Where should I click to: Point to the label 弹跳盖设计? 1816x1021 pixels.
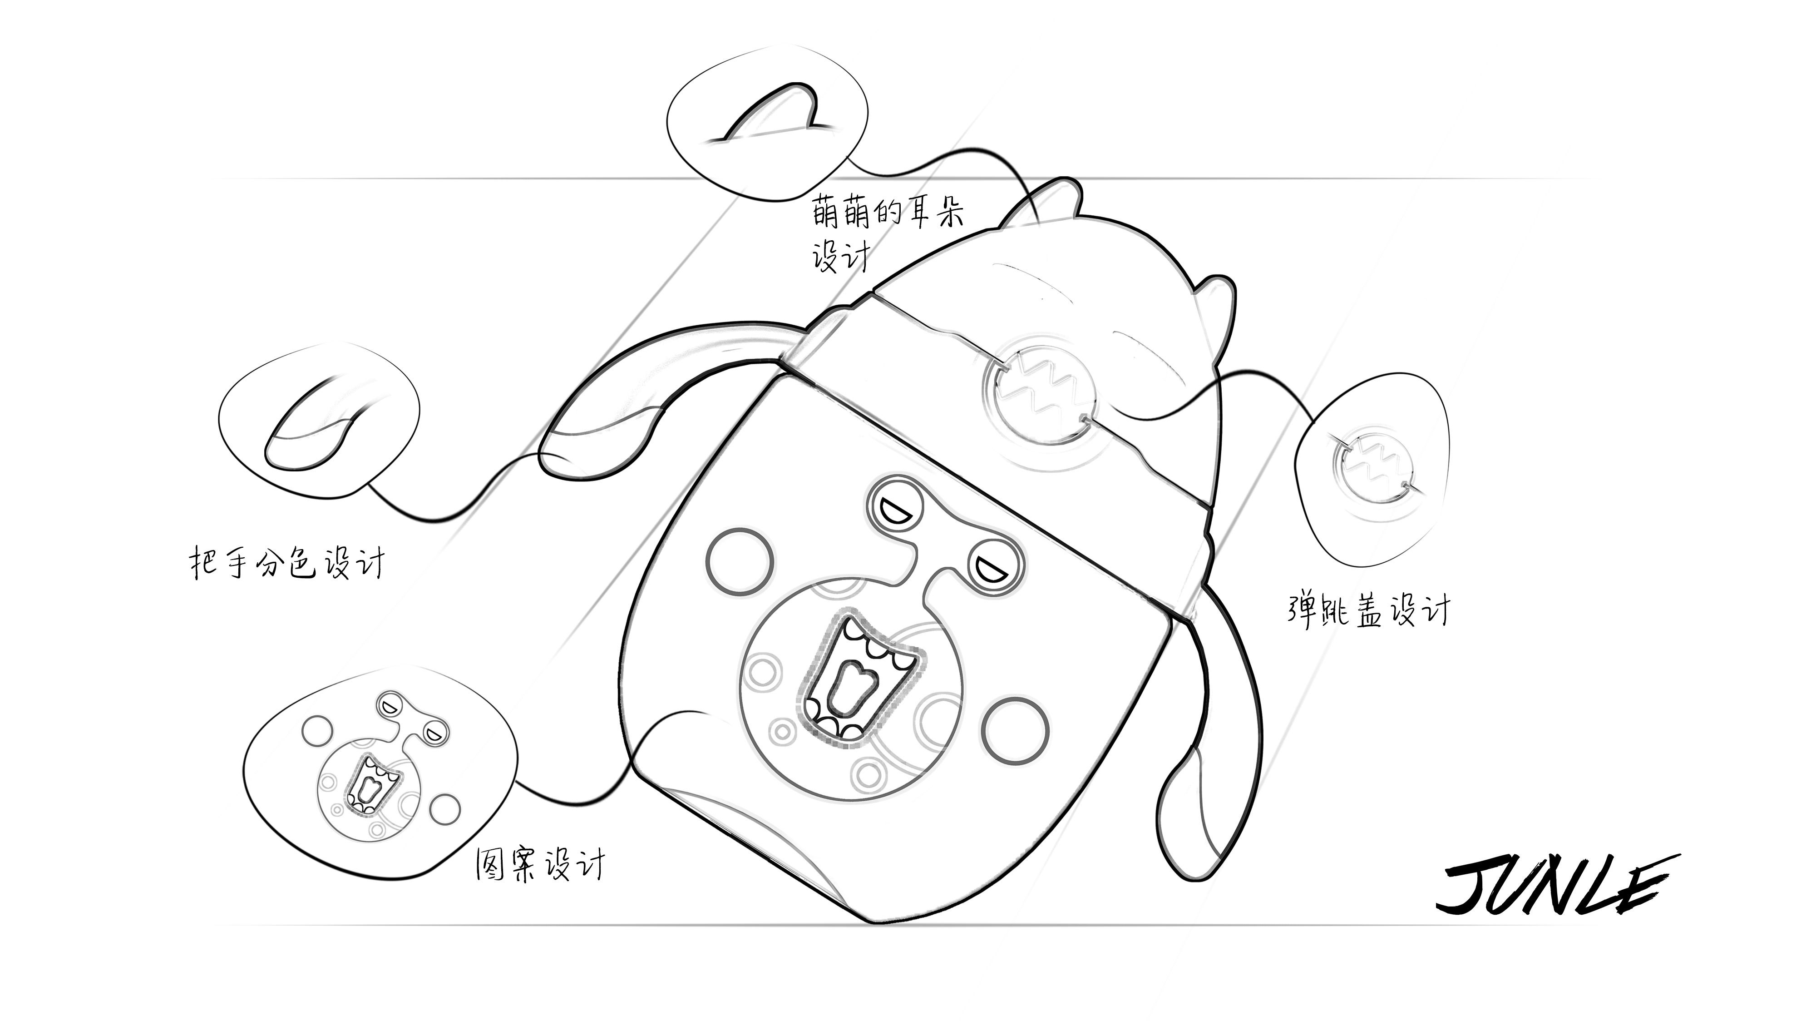pos(1367,610)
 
